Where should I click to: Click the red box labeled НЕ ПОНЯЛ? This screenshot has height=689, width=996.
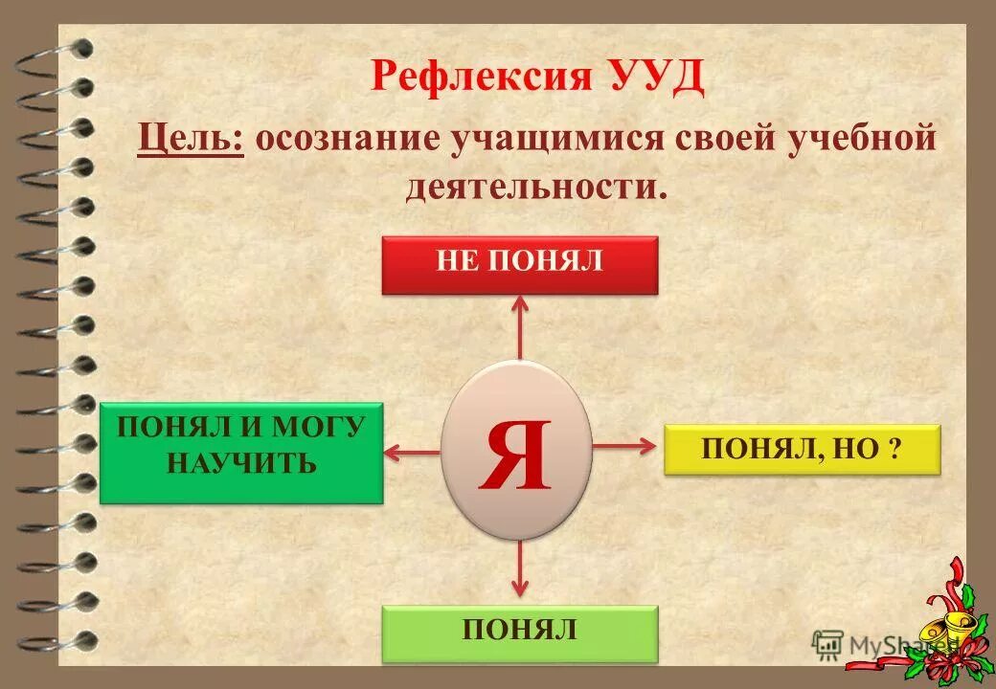click(520, 264)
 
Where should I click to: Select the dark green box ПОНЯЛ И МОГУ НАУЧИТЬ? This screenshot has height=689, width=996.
click(241, 452)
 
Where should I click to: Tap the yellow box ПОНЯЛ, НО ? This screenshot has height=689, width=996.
click(803, 450)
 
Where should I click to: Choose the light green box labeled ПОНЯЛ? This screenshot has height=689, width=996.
click(520, 633)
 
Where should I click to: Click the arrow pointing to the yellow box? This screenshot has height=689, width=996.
click(626, 445)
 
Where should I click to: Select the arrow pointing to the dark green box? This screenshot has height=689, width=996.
click(412, 451)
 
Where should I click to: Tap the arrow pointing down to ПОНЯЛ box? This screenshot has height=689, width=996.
click(520, 569)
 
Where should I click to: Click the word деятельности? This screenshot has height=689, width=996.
click(534, 184)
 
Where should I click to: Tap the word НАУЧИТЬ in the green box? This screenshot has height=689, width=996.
click(241, 465)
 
